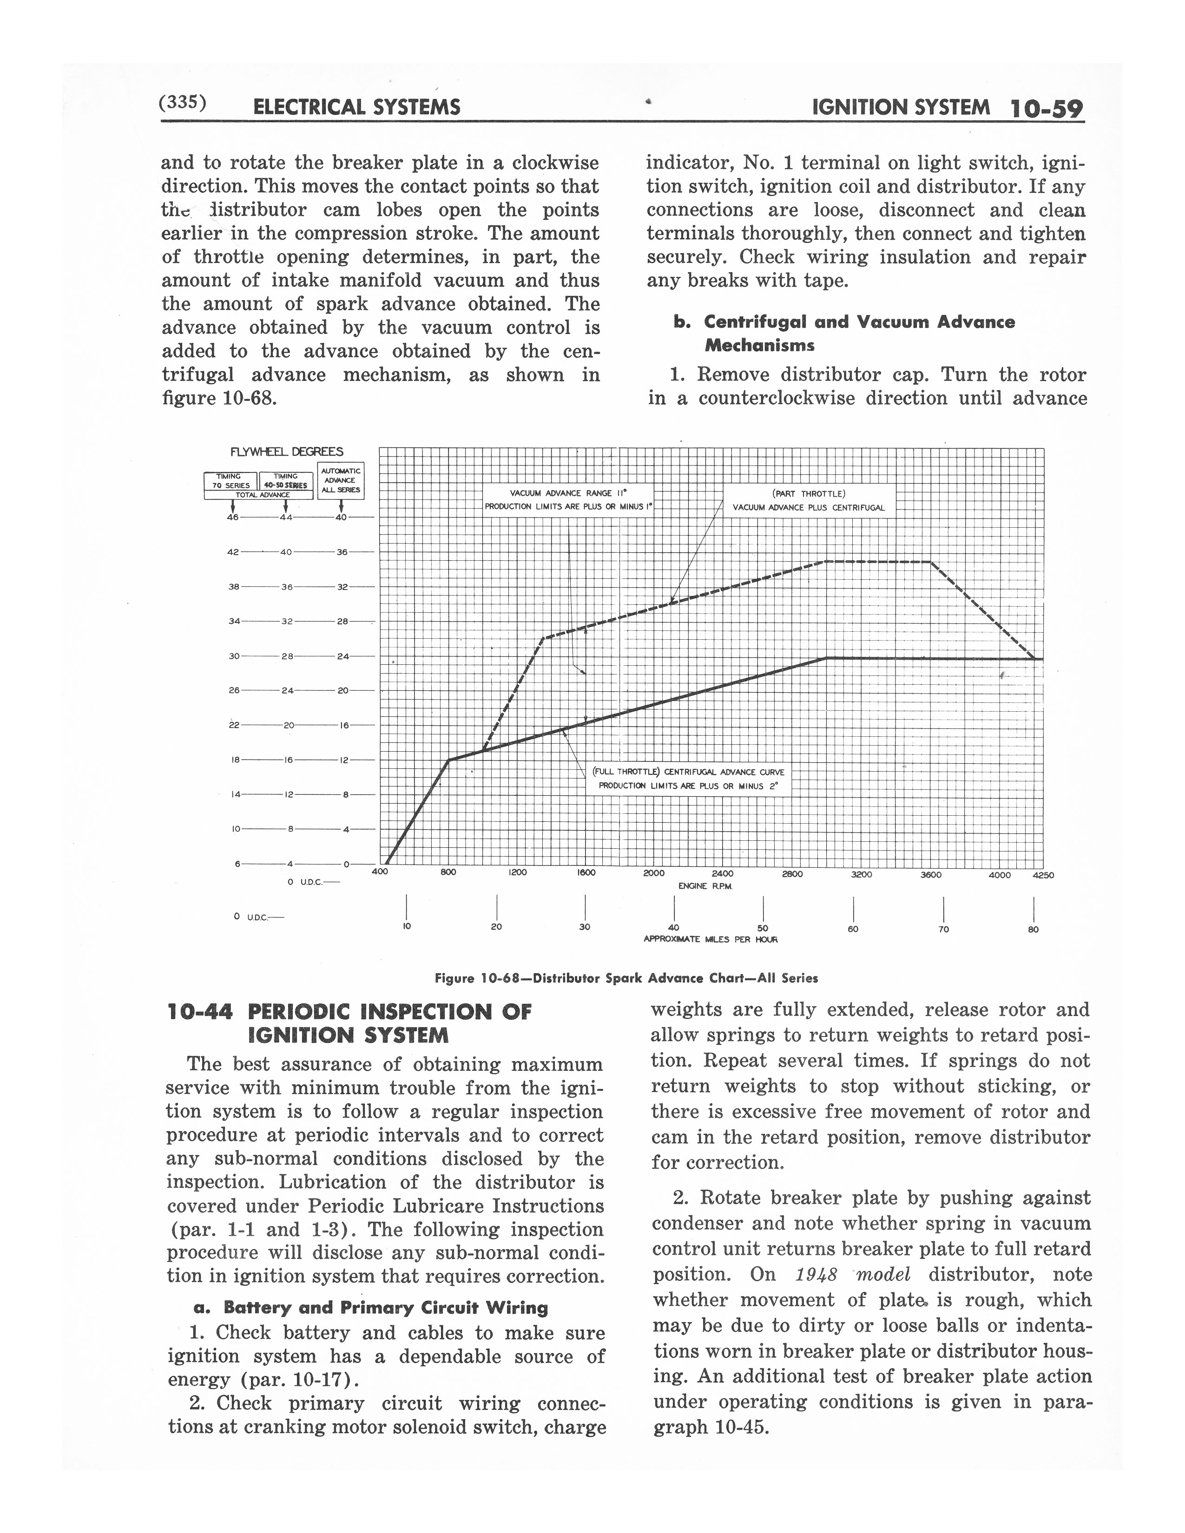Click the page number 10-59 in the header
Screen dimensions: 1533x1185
[1046, 109]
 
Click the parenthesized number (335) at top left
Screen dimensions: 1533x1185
[183, 103]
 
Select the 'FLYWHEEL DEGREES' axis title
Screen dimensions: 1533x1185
[286, 452]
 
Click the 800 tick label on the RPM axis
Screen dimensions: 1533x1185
[448, 872]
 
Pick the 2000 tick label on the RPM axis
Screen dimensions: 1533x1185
[653, 873]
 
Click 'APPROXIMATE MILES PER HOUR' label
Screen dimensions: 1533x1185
[711, 939]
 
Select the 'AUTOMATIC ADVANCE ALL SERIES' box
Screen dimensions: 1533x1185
[341, 480]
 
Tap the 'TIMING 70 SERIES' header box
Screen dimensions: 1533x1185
[231, 481]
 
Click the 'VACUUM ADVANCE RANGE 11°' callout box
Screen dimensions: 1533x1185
[569, 500]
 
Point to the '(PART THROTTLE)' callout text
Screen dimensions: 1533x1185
[809, 493]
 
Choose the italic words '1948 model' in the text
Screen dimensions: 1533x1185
[853, 1275]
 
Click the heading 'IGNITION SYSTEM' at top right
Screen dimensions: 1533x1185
[901, 107]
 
